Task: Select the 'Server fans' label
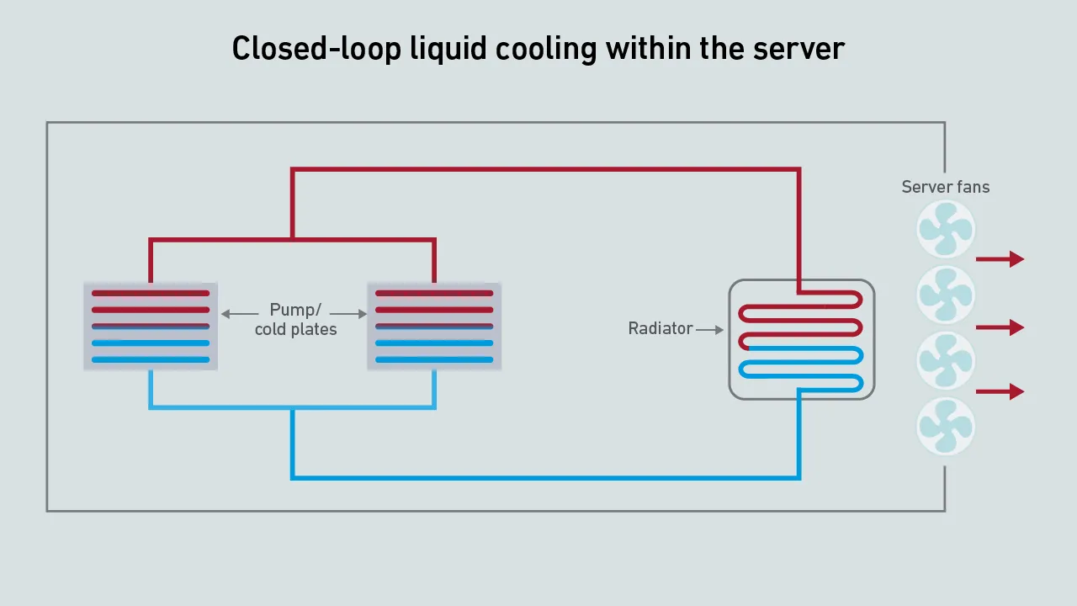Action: click(x=945, y=187)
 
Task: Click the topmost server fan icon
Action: click(x=946, y=229)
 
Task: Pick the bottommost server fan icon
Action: click(x=946, y=426)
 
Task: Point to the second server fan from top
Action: click(x=946, y=295)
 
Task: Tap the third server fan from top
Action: click(x=946, y=360)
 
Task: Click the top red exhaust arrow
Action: click(x=1000, y=259)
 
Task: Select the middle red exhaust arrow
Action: click(x=1000, y=327)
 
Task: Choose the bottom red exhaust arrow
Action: click(x=1000, y=391)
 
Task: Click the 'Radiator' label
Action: click(x=661, y=328)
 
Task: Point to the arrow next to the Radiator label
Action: click(x=710, y=330)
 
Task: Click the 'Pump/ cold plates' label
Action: click(x=295, y=320)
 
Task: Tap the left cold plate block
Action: click(x=151, y=327)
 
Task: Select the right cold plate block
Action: click(x=434, y=327)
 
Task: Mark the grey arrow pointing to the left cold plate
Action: click(x=240, y=314)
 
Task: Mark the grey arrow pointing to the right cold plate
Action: click(x=351, y=314)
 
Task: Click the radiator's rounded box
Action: click(x=801, y=339)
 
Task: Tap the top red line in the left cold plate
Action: click(x=151, y=293)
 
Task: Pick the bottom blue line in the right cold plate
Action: click(x=434, y=359)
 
